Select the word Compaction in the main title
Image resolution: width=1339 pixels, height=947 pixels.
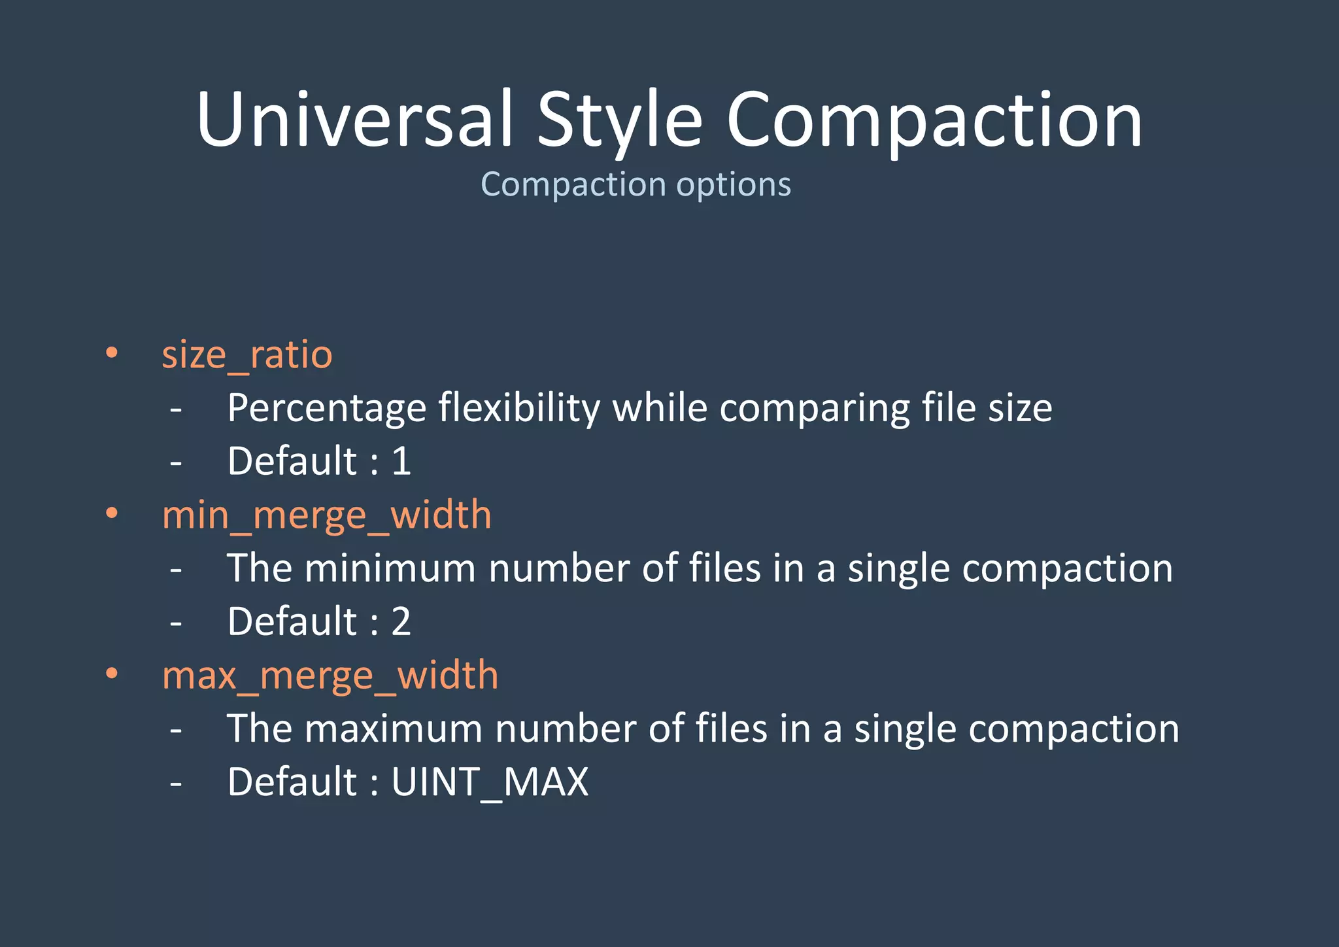click(x=934, y=120)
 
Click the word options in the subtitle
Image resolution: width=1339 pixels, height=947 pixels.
click(x=734, y=184)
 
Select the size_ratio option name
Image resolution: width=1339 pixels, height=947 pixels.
click(x=247, y=355)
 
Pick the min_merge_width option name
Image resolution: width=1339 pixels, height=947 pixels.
click(x=326, y=515)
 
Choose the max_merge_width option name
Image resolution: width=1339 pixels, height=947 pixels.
click(x=330, y=676)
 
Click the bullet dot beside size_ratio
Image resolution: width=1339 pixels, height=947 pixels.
click(x=112, y=353)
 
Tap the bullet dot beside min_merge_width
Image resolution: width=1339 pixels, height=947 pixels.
click(x=112, y=513)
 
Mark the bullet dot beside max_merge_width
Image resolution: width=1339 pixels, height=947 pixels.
click(x=112, y=673)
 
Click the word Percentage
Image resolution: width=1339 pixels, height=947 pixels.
click(x=327, y=409)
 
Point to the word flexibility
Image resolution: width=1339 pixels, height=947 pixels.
click(x=519, y=409)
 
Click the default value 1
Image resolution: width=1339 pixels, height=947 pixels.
click(x=401, y=461)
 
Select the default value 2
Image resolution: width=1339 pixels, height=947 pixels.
click(x=401, y=621)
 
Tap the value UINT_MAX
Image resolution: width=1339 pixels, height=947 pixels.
click(x=490, y=782)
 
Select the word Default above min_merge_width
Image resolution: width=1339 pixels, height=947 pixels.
click(x=292, y=461)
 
